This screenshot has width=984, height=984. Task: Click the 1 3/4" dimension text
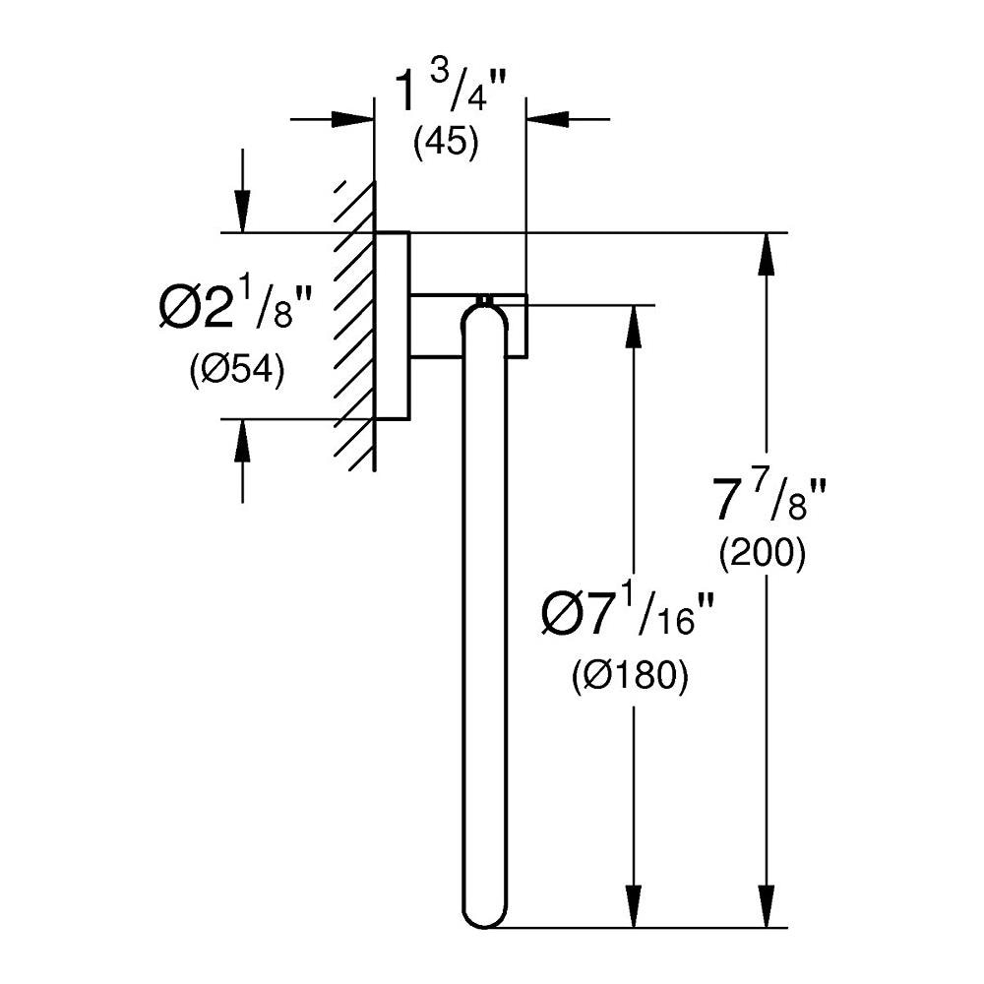point(450,92)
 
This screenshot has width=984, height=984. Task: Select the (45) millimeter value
point(446,143)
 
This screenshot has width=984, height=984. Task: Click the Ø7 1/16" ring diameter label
point(627,614)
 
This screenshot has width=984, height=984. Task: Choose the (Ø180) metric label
point(630,677)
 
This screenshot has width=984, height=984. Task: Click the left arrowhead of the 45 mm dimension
point(352,119)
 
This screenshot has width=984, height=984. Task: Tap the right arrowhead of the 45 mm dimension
point(548,119)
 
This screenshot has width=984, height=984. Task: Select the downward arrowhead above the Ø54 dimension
point(242,211)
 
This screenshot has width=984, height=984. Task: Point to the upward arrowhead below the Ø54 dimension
point(242,441)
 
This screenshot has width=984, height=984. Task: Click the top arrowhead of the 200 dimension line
point(766,254)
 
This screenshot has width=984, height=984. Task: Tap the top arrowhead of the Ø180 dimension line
point(635,327)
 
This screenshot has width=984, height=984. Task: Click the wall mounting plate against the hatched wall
point(393,325)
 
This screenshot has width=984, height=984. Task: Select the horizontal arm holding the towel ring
point(468,325)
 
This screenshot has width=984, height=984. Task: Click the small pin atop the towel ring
point(484,300)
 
